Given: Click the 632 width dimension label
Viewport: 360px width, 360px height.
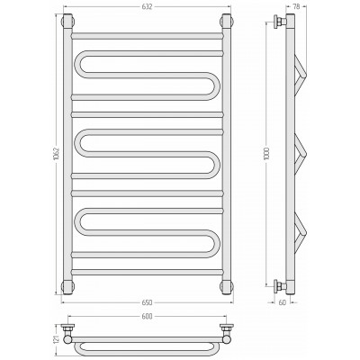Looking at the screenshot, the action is pos(148,6).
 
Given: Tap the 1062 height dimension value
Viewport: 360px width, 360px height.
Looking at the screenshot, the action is pos(58,154).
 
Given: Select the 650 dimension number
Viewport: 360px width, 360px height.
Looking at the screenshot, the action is pos(148,302).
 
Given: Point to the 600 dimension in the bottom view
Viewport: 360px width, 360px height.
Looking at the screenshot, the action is pos(148,316).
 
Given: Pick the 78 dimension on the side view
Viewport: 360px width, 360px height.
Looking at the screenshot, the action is pos(296,6).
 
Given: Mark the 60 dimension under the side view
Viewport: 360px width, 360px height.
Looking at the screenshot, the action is pos(283,302).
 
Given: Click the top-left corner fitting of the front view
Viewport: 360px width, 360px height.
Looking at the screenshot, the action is pos(67,21).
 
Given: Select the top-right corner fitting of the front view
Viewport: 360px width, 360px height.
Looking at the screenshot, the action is pos(227,21).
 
